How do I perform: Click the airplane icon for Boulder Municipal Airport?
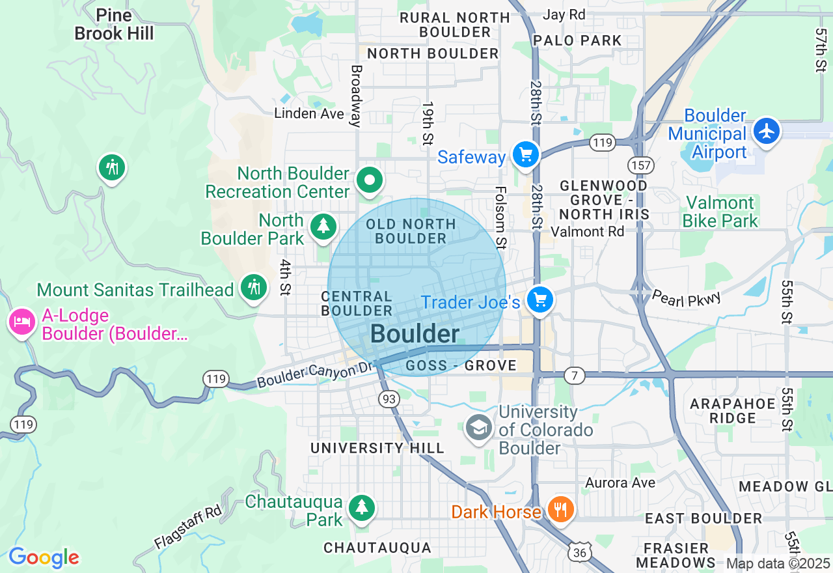coord(767,131)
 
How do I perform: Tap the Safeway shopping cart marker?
coord(526,155)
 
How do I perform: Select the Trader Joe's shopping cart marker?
coord(539,300)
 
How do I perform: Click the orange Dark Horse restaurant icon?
coord(560,509)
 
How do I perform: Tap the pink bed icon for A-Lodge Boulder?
coord(22,322)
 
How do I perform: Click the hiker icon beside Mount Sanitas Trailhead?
coord(253,287)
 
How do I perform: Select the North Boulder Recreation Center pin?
coord(370,180)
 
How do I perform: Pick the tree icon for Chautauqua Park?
coord(361,507)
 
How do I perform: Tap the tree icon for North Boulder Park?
coord(323,227)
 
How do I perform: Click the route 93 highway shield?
coord(389,399)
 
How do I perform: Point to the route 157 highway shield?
coord(641,165)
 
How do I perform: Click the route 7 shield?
coord(574,376)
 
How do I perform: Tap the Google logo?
coord(44,557)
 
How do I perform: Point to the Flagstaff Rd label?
coord(188,527)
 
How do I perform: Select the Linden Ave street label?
coord(308,113)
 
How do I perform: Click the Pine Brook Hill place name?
coord(114,24)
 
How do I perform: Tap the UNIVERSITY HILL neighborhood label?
coord(377,448)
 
